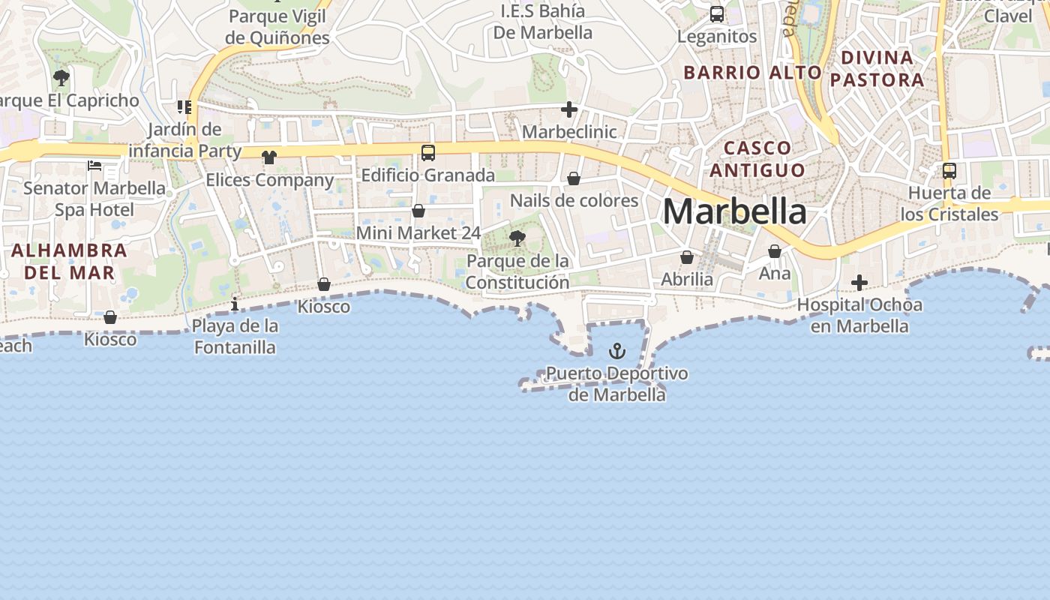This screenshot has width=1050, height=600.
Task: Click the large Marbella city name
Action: (x=734, y=211)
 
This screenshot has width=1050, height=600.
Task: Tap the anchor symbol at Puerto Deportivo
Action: (x=616, y=351)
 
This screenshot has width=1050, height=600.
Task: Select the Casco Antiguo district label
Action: (x=757, y=158)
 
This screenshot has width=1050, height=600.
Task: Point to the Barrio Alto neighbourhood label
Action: (x=753, y=73)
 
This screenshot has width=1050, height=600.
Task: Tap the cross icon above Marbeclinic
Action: (x=569, y=110)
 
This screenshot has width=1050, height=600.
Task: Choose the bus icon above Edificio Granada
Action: (x=428, y=153)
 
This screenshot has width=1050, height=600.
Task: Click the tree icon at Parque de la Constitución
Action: (x=517, y=239)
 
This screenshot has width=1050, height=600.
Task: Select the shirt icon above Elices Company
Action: (x=269, y=157)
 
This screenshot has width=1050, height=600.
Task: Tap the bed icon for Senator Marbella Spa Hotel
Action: (x=94, y=165)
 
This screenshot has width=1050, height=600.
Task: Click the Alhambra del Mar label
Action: (x=69, y=261)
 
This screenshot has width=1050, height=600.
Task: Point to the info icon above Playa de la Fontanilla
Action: (x=235, y=304)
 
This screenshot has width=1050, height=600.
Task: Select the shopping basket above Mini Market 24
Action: (x=418, y=211)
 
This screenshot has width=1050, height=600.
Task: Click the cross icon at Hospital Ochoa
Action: (x=859, y=283)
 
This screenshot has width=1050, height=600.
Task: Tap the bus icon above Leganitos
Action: (x=717, y=14)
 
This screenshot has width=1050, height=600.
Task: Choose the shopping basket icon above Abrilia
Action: (x=687, y=257)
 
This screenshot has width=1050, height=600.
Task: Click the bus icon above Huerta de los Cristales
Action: (x=949, y=171)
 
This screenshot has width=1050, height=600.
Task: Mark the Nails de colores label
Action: (x=574, y=200)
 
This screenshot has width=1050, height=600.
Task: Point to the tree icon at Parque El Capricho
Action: (x=61, y=77)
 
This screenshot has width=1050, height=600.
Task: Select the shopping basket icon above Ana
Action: (x=775, y=251)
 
